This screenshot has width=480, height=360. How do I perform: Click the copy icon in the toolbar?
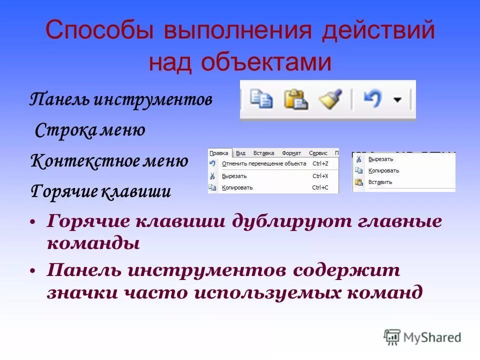tap(261, 99)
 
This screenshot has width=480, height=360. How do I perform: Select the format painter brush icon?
tap(330, 99)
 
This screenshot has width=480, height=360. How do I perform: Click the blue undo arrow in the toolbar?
tap(372, 99)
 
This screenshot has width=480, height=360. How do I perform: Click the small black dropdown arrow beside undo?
tap(397, 100)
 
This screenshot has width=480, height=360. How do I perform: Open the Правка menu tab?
tap(219, 153)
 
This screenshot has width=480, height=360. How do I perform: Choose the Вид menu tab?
tap(240, 153)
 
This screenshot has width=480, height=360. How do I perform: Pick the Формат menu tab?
tap(291, 153)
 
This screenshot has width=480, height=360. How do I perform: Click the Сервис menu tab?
tap(318, 153)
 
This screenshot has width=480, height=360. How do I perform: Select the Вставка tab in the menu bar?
tap(263, 153)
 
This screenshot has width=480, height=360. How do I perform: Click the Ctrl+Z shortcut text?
tap(320, 163)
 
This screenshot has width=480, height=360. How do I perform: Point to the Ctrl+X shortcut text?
tap(320, 176)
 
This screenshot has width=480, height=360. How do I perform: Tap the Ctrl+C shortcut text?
tap(320, 187)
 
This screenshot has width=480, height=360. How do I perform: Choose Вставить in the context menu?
tap(380, 182)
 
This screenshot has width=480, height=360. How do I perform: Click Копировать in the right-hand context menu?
tap(383, 170)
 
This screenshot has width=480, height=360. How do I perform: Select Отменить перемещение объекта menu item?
tap(264, 163)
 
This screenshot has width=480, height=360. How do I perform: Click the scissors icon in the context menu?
tap(358, 159)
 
